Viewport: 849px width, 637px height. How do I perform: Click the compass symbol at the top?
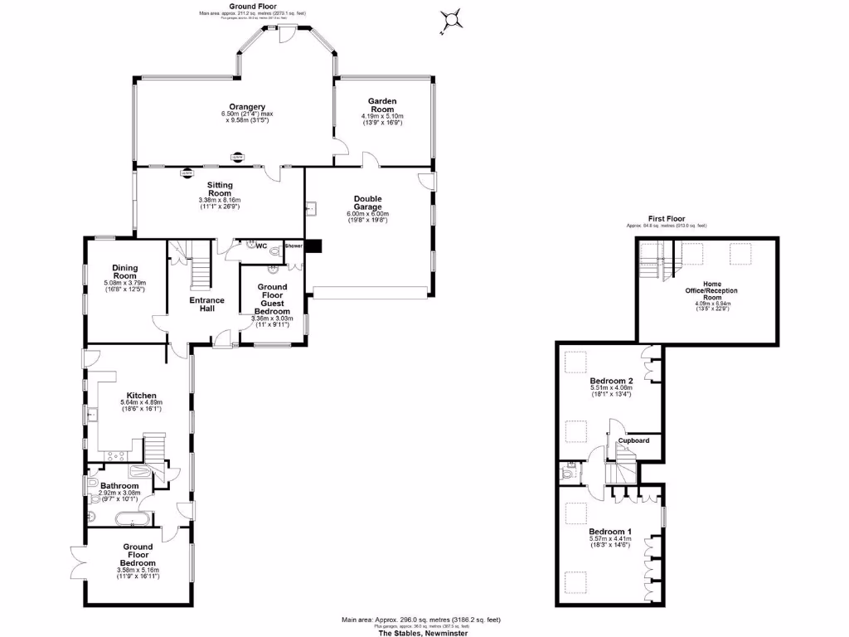452,18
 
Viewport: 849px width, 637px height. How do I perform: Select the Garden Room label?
382,104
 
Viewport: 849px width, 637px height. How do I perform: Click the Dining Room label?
125,273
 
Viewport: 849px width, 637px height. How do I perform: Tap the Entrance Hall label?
206,304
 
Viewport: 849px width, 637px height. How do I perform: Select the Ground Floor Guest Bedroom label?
272,299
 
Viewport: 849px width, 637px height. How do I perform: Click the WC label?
262,246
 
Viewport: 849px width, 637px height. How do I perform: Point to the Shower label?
294,246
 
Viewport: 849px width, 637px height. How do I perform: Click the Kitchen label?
142,396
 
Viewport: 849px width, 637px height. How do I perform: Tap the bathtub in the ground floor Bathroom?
132,520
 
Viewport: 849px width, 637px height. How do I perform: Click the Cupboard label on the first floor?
633,440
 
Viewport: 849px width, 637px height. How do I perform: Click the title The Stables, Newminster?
423,633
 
